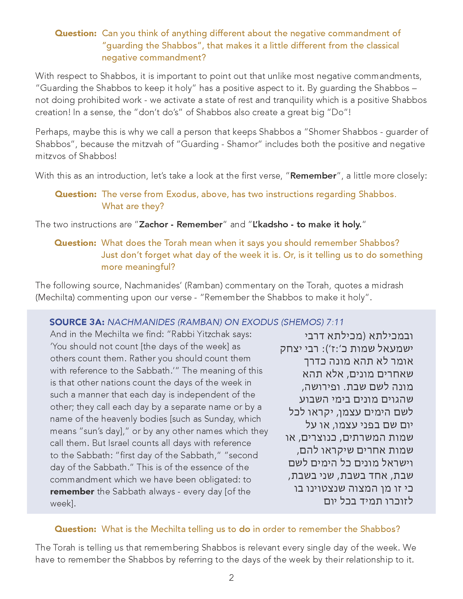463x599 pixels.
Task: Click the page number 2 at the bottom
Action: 231,577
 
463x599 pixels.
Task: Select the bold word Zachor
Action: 153,224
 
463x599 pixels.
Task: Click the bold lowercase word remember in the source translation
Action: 72,491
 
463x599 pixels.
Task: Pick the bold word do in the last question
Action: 244,529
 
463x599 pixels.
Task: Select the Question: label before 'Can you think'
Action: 76,33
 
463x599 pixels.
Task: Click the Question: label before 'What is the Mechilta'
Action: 75,529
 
